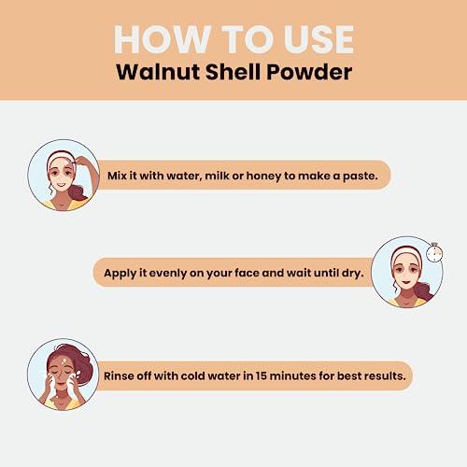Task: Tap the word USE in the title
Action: click(313, 38)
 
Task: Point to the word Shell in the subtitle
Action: click(234, 74)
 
